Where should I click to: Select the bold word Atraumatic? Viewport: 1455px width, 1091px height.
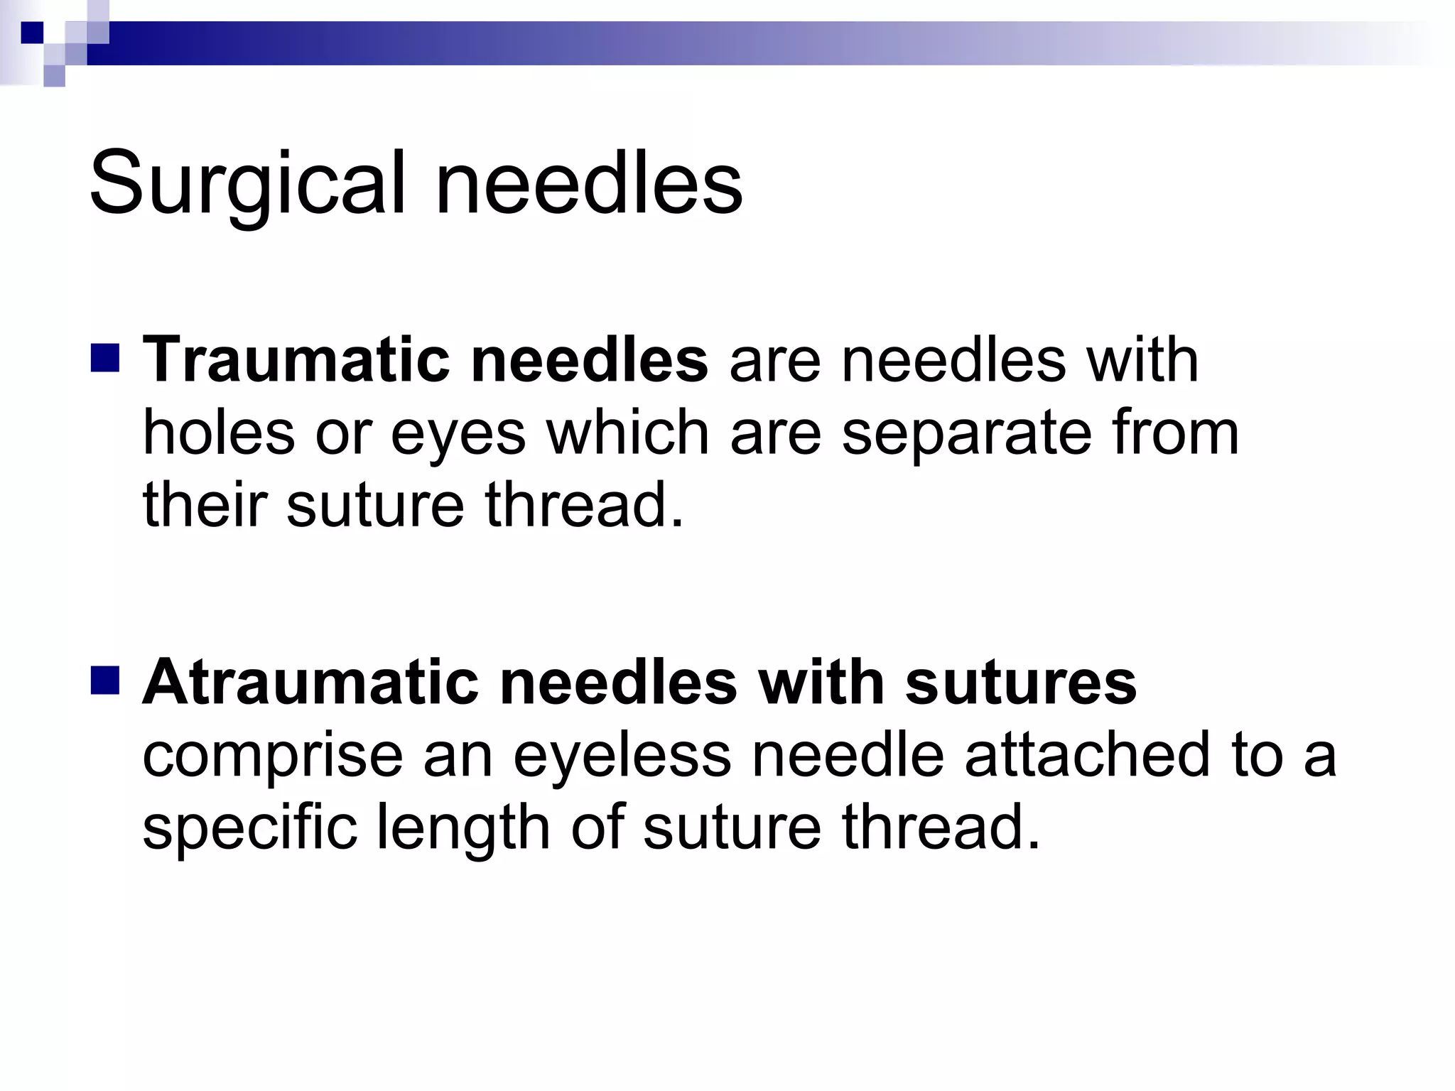coord(310,682)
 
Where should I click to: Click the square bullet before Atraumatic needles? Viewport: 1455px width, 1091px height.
coord(105,680)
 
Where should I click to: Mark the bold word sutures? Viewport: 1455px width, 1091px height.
coord(1021,682)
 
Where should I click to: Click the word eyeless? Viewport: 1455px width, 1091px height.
coord(622,756)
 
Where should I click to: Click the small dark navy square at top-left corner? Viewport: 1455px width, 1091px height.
coord(32,33)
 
